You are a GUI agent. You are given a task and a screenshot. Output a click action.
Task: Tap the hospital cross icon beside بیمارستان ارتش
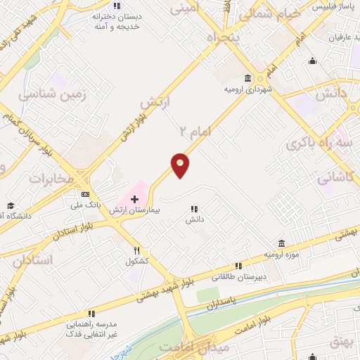pyautogui.click(x=135, y=200)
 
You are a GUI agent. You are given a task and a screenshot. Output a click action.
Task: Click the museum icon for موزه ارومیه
pyautogui.click(x=281, y=243)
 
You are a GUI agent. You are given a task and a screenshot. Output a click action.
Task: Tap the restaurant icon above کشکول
pyautogui.click(x=138, y=250)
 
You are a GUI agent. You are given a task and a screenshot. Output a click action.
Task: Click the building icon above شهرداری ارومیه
pyautogui.click(x=247, y=79)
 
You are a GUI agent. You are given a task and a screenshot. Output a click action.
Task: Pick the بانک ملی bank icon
pyautogui.click(x=86, y=194)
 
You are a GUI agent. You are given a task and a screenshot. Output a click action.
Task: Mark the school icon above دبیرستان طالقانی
pyautogui.click(x=238, y=265)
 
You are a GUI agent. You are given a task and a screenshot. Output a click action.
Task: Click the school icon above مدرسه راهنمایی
pyautogui.click(x=91, y=314)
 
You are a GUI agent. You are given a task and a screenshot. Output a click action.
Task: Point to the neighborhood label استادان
pyautogui.click(x=32, y=259)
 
